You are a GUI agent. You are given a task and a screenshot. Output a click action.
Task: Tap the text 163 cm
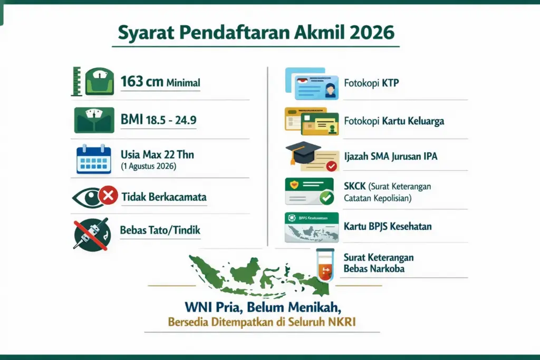[141, 82]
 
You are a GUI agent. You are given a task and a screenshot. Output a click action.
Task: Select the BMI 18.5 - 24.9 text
[158, 120]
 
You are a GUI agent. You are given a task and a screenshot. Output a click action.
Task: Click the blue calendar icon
[94, 159]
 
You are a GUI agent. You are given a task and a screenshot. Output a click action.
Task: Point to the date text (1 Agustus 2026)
[148, 167]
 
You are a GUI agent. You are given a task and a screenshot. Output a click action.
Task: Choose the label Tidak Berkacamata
[163, 198]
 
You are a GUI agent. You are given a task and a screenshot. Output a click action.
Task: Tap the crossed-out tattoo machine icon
[92, 233]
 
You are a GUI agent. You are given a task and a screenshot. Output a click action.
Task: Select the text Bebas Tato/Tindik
[160, 230]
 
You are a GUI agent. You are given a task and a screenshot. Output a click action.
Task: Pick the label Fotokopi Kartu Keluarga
[394, 121]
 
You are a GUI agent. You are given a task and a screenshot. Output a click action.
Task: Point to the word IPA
[428, 157]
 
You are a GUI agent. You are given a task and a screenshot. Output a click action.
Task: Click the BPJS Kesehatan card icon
[311, 227]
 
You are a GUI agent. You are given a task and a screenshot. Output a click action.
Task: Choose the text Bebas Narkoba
[374, 268]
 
